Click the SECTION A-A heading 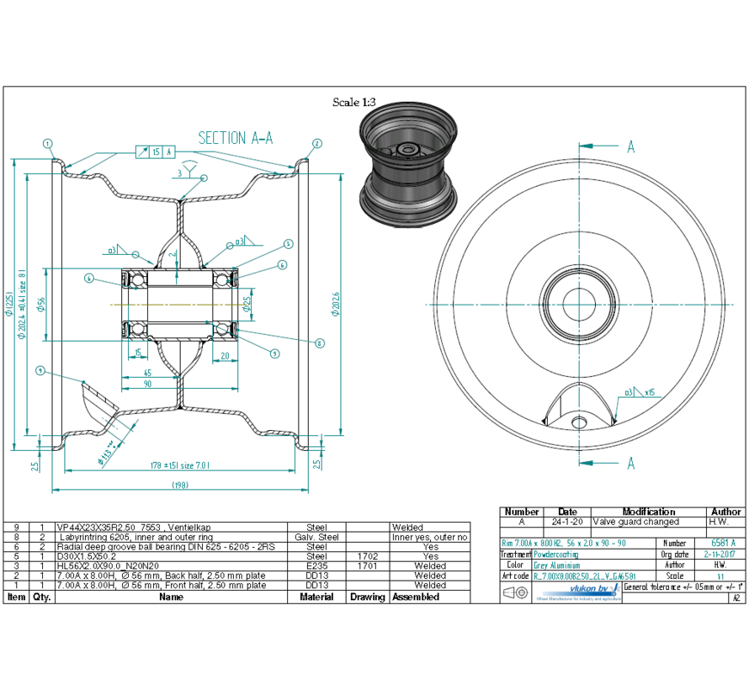tap(235, 138)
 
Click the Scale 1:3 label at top tap(353, 103)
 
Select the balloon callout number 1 tap(49, 143)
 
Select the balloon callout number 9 tap(40, 369)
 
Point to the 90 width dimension tap(147, 384)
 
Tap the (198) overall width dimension tap(179, 485)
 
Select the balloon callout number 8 tap(320, 342)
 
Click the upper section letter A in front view tap(629, 146)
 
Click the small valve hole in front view tap(577, 420)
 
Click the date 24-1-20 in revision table tap(567, 522)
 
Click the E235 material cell tap(316, 565)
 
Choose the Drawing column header tap(367, 597)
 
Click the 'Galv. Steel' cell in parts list tap(316, 537)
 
